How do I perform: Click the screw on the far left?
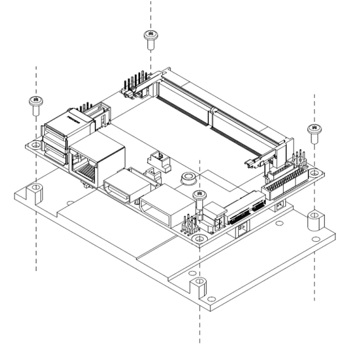(35, 105)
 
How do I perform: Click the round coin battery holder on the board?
(187, 179)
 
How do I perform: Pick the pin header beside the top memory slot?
(133, 87)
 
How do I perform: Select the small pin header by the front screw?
(189, 225)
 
